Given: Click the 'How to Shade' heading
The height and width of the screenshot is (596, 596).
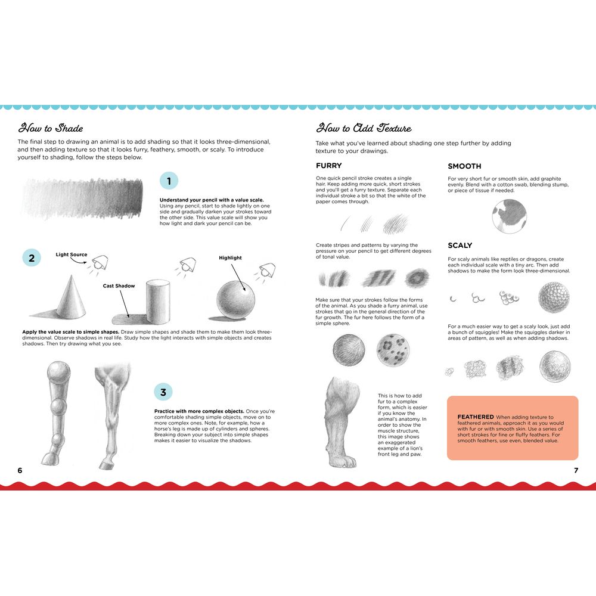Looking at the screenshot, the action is tap(51, 128).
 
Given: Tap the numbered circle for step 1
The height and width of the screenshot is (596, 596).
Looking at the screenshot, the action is tap(169, 181).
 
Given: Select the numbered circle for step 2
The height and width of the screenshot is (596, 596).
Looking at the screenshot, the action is tap(32, 258).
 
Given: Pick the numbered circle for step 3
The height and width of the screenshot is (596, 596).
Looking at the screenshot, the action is tap(163, 392).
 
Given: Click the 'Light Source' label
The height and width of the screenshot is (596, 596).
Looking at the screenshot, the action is tap(72, 254).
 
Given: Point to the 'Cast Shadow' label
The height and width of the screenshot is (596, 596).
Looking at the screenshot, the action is tap(119, 286).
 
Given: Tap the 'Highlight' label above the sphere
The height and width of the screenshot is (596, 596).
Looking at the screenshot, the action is tap(230, 257).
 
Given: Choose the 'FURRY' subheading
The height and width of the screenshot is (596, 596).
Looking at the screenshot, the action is tap(329, 166).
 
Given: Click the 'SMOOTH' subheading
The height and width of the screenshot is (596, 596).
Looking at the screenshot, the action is tap(464, 166).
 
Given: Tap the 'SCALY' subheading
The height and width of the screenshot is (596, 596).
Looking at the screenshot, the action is tap(460, 246).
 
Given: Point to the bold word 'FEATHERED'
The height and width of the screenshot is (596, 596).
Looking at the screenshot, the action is tap(476, 417).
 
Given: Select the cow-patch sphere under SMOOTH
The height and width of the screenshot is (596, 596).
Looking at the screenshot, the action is tap(510, 216).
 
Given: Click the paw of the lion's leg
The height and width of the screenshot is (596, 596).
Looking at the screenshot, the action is tap(344, 460).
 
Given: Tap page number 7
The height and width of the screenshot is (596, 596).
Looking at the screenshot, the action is tap(576, 470).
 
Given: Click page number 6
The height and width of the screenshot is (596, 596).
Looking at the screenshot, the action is tap(20, 470).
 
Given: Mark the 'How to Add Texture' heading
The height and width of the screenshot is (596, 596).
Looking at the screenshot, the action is tap(364, 128).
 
